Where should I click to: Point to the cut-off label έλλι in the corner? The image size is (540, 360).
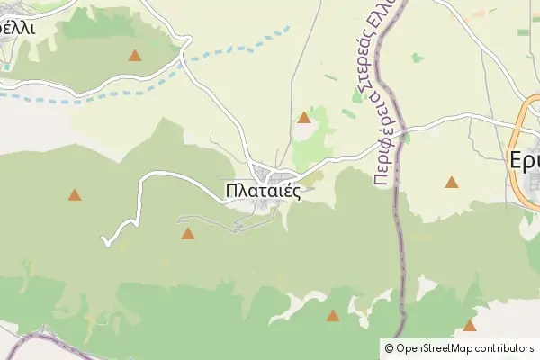[17, 26]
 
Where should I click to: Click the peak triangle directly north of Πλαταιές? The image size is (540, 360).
[304, 117]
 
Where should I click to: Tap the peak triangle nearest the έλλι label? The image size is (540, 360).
[134, 56]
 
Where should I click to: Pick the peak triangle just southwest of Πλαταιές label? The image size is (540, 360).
[187, 234]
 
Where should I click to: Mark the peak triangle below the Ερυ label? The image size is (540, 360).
[451, 183]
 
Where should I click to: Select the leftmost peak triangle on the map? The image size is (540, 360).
[74, 194]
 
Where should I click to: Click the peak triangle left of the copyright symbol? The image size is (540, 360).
[333, 316]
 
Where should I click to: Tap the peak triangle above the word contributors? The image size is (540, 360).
[469, 325]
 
